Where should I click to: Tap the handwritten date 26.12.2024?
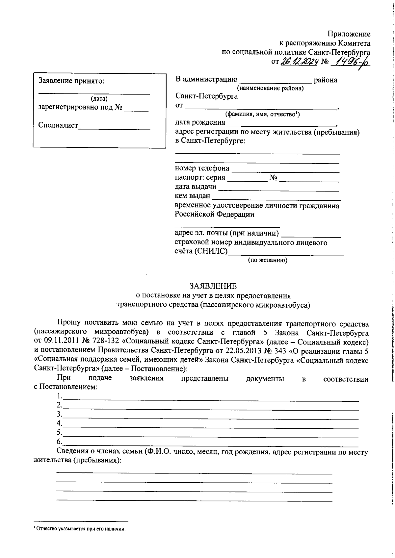pyautogui.click(x=299, y=62)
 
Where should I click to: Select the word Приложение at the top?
pyautogui.click(x=349, y=34)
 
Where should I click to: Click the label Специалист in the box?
pyautogui.click(x=58, y=125)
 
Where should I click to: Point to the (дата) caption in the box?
pyautogui.click(x=99, y=98)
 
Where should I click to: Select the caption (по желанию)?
pyautogui.click(x=267, y=260)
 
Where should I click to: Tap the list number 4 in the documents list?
pyautogui.click(x=59, y=423)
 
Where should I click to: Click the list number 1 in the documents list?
pyautogui.click(x=59, y=396)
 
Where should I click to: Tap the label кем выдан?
pyautogui.click(x=192, y=196)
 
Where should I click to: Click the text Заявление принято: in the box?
pyautogui.click(x=71, y=81)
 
